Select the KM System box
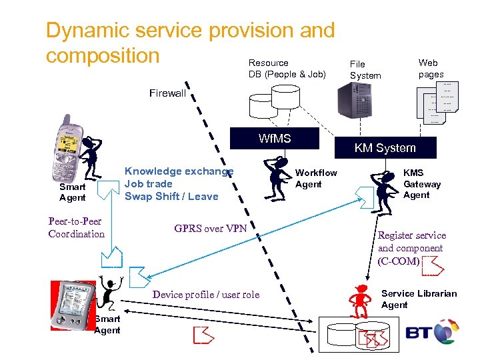coord(385,148)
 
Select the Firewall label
coord(167,93)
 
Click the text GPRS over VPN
coord(211,229)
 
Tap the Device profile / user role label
coord(206,295)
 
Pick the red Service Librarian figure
coord(361,301)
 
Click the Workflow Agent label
coord(316,179)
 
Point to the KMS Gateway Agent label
coord(422,184)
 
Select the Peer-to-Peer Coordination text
coord(76,227)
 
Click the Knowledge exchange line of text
coord(179,171)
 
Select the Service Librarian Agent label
coord(419,299)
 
